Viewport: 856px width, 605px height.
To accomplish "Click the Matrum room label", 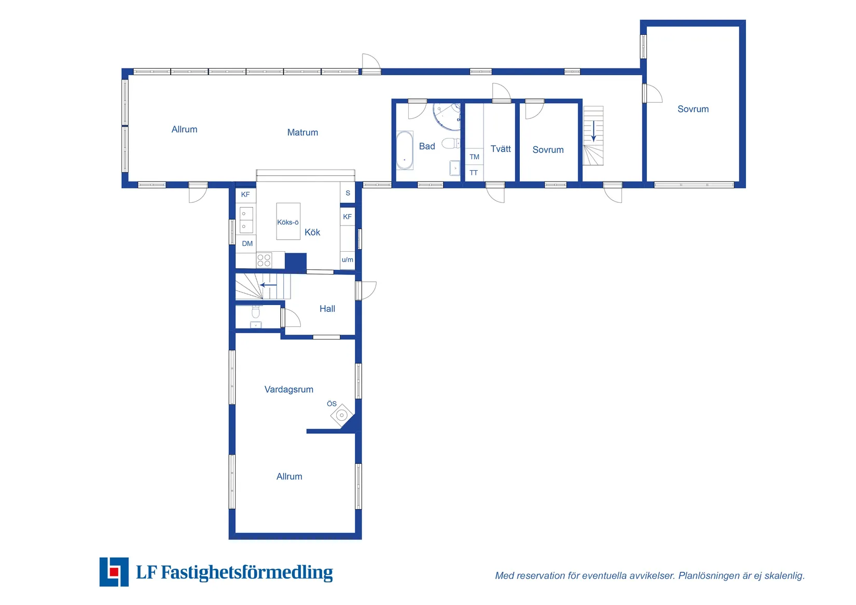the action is (x=302, y=132).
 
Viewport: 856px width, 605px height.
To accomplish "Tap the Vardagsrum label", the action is (x=288, y=390).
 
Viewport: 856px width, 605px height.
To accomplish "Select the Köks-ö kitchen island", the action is (x=288, y=221).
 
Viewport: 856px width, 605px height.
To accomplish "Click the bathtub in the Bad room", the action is (x=404, y=150).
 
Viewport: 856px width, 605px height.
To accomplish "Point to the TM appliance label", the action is (x=474, y=157).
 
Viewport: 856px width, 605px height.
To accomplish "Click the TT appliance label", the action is (x=474, y=173).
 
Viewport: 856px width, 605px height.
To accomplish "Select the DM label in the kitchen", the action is (x=247, y=243).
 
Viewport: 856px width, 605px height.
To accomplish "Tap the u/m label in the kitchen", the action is (x=347, y=259).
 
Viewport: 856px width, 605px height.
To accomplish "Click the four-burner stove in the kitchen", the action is (x=264, y=260).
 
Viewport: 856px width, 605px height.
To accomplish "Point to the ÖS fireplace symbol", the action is (x=342, y=415).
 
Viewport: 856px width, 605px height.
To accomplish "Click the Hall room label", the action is (x=327, y=308).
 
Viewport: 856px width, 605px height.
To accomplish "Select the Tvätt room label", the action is (x=500, y=149).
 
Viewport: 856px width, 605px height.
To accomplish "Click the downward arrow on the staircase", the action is (x=593, y=131).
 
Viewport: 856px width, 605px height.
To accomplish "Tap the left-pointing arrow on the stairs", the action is (x=268, y=285).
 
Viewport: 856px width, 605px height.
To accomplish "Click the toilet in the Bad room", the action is (x=450, y=143).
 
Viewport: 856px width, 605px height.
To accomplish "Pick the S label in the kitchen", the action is (x=348, y=193).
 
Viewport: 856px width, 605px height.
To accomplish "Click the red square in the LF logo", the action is (x=114, y=572).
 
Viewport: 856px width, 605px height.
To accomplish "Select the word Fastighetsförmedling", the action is (x=247, y=572).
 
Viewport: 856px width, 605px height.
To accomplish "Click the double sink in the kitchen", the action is (x=246, y=220).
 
